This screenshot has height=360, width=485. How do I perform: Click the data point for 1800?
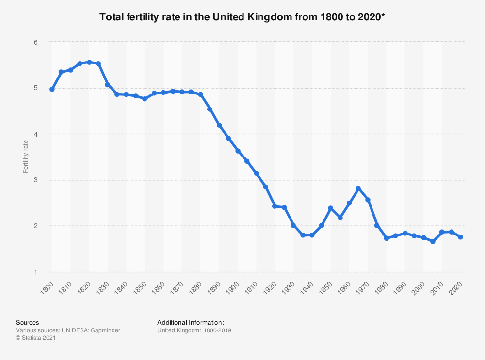tap(52, 89)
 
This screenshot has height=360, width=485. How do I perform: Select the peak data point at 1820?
tap(89, 62)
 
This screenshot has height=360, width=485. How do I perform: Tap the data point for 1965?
tap(358, 188)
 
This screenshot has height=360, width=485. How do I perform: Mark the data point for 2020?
tap(461, 237)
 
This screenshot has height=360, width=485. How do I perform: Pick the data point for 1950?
tap(331, 208)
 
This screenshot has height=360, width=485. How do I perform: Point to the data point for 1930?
tap(293, 225)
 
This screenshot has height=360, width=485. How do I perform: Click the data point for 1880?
tap(201, 94)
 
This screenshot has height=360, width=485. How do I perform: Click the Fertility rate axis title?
tap(26, 157)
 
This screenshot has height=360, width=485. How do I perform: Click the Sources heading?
tap(28, 322)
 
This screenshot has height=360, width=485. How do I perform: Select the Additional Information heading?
tap(191, 322)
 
